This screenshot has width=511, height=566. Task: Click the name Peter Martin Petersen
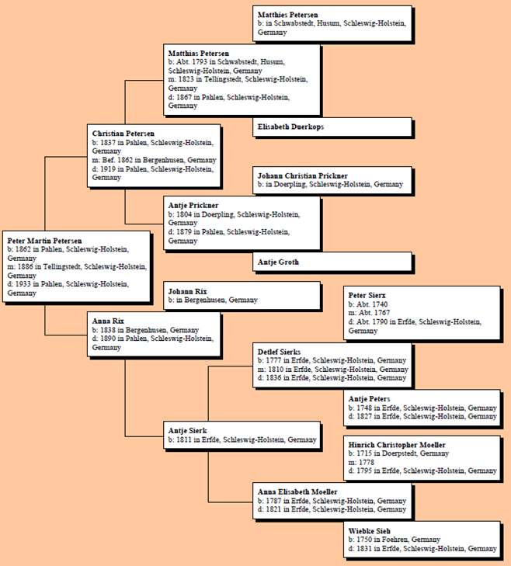tap(44, 241)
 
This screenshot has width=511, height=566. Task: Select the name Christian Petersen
tap(123, 134)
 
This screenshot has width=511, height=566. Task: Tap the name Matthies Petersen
tap(287, 15)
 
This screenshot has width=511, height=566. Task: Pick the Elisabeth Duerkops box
tap(332, 127)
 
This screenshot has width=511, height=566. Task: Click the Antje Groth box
tap(332, 262)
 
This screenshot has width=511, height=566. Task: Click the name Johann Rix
tap(188, 291)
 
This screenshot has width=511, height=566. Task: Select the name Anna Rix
tap(108, 321)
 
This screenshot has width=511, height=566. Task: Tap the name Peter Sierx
tap(368, 296)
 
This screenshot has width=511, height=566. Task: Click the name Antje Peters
tap(369, 399)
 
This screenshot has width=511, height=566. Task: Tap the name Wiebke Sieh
tap(369, 531)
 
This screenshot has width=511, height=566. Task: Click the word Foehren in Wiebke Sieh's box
tap(400, 540)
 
